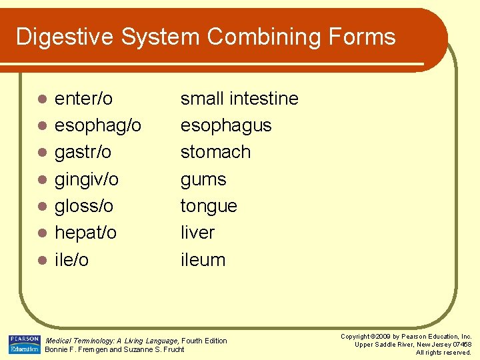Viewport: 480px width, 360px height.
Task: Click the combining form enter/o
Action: click(x=83, y=99)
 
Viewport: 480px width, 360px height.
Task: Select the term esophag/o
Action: click(x=97, y=126)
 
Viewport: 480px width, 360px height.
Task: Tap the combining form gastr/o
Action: click(x=83, y=153)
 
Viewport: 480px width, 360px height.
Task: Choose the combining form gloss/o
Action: click(x=84, y=206)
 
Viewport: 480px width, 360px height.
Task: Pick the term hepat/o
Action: click(x=85, y=233)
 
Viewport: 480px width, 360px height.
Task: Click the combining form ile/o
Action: click(x=71, y=260)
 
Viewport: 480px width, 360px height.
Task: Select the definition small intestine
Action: click(x=239, y=99)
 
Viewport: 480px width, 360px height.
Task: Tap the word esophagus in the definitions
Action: click(x=226, y=126)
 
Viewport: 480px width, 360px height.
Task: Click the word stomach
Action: click(x=215, y=153)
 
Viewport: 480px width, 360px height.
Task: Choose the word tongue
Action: click(x=209, y=206)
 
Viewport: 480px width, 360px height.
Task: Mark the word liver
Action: click(x=197, y=233)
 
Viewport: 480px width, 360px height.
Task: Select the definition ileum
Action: click(x=203, y=260)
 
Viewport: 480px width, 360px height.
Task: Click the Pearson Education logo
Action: click(x=24, y=344)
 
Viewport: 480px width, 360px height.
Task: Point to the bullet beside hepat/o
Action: click(x=41, y=233)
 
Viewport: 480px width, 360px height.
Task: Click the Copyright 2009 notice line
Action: click(x=406, y=337)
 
